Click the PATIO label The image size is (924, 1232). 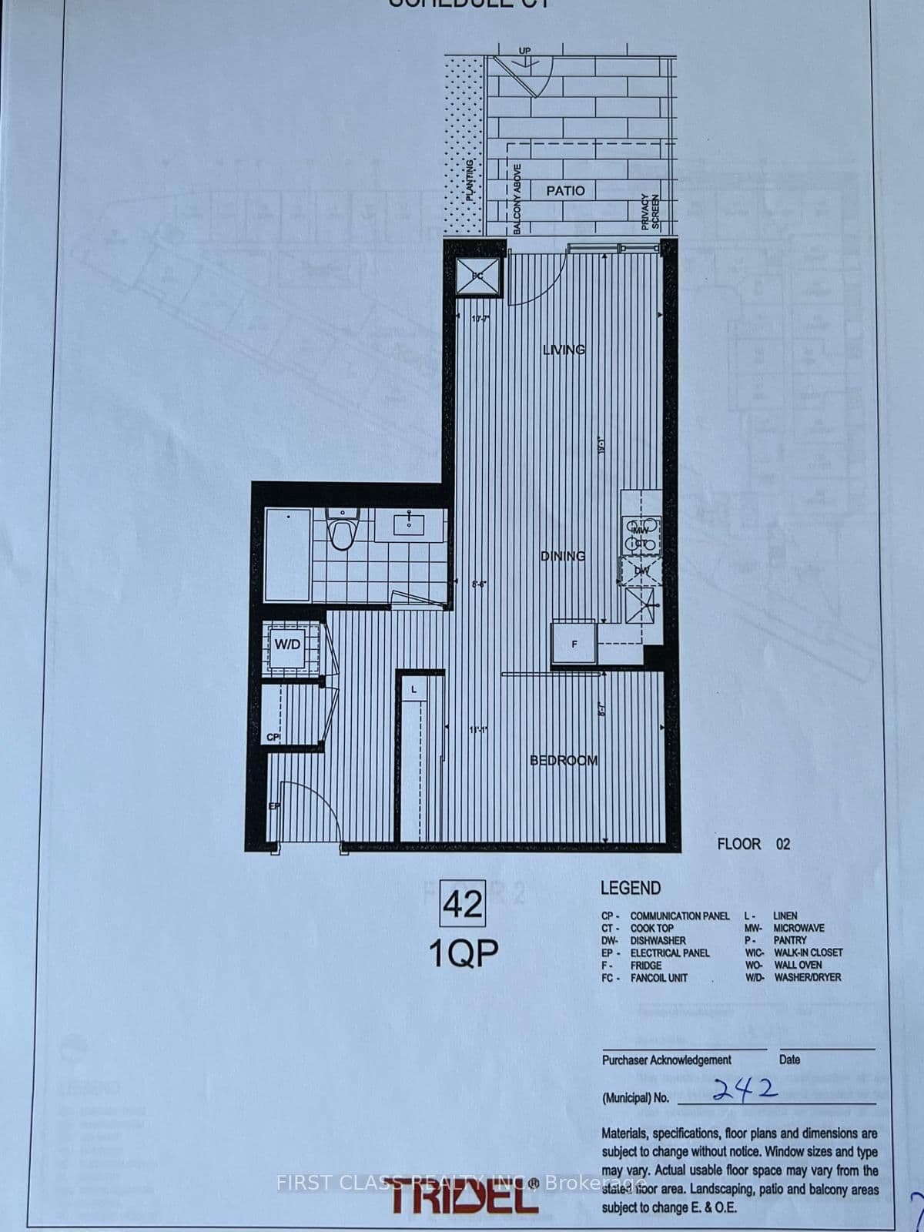pyautogui.click(x=565, y=190)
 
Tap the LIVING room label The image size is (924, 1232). pyautogui.click(x=564, y=350)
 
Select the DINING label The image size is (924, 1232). pyautogui.click(x=563, y=555)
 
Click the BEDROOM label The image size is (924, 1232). pyautogui.click(x=564, y=760)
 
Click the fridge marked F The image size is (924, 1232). pyautogui.click(x=574, y=643)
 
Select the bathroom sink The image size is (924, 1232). pyautogui.click(x=408, y=525)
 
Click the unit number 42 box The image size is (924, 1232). pyautogui.click(x=463, y=904)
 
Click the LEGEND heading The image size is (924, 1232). pyautogui.click(x=630, y=888)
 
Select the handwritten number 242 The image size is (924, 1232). pyautogui.click(x=744, y=1090)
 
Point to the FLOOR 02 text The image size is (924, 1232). pyautogui.click(x=753, y=844)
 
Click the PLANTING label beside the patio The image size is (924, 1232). pyautogui.click(x=470, y=179)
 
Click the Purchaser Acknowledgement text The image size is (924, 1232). pyautogui.click(x=666, y=1060)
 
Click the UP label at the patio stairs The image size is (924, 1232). pyautogui.click(x=525, y=51)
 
